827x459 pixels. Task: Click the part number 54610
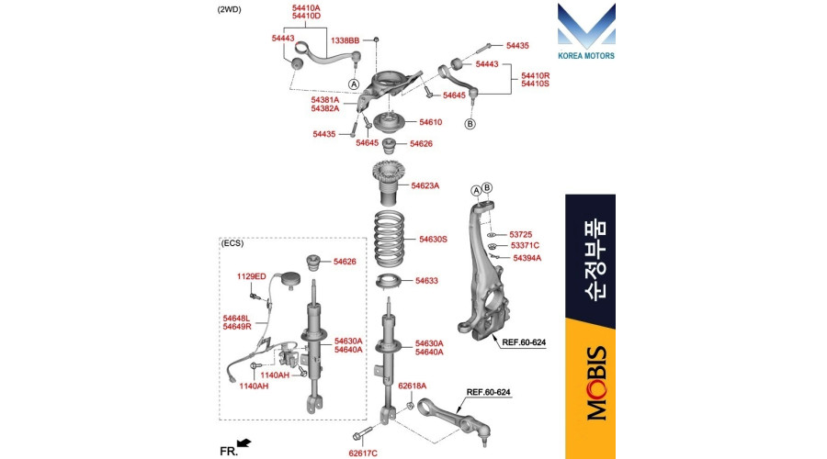430,122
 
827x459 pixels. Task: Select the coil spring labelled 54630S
390,238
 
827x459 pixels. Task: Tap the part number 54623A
425,185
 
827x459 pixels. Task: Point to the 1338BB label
345,40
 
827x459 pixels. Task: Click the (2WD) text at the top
229,9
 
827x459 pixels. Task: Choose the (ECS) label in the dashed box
232,243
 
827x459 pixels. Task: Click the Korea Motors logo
586,31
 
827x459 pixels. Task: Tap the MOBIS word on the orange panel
597,383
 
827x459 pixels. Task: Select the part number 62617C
363,453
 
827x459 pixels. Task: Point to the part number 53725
521,234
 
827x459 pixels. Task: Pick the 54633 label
426,281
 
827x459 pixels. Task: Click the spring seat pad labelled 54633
390,282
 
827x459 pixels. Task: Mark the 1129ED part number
251,276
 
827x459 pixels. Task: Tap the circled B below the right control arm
470,124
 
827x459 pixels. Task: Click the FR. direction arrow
244,443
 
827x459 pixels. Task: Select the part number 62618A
412,386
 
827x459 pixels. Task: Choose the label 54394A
527,258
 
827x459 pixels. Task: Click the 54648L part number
236,319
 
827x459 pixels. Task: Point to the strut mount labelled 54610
391,123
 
